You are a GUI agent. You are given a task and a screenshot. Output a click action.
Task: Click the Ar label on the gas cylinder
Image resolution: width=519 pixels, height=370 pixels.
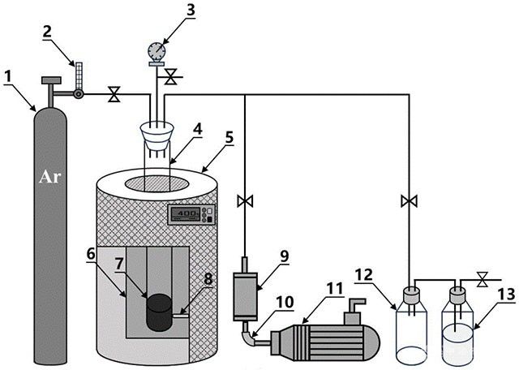point(50,177)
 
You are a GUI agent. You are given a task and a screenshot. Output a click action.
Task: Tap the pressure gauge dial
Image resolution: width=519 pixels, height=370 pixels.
point(157,50)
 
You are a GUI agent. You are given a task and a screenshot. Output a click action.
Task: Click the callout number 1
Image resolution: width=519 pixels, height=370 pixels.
point(8,77)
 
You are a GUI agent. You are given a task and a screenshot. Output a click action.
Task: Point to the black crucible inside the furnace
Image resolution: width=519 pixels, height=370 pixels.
point(159,312)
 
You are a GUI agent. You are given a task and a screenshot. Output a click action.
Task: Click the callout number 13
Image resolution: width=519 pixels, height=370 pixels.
point(506,295)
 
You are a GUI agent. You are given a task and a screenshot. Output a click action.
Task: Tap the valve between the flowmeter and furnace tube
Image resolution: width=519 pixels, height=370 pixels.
point(114,94)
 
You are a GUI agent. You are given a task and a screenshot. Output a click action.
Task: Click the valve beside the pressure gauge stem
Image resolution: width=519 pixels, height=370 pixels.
point(171,77)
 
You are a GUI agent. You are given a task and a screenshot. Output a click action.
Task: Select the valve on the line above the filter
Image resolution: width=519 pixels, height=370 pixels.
point(245,201)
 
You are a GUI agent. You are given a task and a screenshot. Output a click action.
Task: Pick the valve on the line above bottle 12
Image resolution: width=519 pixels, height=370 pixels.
point(409,201)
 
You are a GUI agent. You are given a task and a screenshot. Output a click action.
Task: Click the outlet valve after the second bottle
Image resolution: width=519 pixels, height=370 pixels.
point(483,280)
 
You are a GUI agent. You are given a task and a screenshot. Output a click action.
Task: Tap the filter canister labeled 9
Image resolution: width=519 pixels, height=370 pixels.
point(245,296)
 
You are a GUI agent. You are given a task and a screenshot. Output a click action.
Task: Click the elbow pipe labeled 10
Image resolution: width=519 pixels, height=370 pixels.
point(249,335)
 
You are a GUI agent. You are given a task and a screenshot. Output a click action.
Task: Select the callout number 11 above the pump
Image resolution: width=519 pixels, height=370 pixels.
point(334,289)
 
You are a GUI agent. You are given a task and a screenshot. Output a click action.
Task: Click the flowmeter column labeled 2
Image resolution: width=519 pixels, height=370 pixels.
point(79,75)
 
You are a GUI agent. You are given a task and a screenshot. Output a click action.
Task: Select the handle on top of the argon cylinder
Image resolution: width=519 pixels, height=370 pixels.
point(51,80)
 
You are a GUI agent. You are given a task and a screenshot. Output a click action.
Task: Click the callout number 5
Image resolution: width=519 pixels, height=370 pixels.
point(229,138)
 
